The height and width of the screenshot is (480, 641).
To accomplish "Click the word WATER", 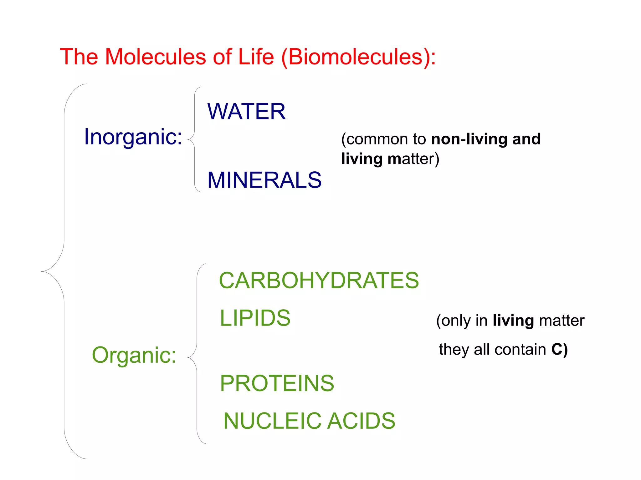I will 246,112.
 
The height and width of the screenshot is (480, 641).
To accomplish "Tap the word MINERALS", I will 264,180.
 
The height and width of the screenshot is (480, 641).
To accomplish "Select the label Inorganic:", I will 133,137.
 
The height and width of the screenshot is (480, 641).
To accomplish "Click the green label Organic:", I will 134,355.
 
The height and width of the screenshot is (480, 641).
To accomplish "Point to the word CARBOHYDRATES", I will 319,280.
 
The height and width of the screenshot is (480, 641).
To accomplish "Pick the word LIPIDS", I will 255,318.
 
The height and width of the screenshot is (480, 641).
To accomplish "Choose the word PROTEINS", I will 277,383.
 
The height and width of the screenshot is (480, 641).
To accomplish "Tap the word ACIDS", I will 361,421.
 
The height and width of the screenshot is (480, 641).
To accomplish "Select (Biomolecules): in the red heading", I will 358,57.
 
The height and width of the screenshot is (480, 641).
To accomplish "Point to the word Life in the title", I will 256,57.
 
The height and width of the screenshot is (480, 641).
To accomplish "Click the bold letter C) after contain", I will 559,349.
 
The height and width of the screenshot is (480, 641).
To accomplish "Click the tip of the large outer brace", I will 42,271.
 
